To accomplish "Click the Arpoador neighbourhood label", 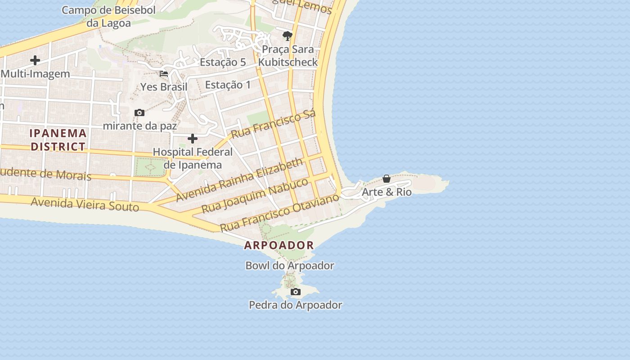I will point(279,245).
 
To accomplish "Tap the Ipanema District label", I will point(58,139).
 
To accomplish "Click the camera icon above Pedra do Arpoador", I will point(295,292).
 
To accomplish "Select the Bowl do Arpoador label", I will point(290,265).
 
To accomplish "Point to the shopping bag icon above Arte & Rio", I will point(386,179).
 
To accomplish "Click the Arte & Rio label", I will point(387,192).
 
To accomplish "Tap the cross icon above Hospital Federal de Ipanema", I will point(193,139).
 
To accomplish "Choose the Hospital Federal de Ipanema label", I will point(193,158).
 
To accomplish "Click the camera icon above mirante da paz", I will point(139,113).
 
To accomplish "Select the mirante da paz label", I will point(140,126).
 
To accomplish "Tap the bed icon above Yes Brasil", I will point(164,74).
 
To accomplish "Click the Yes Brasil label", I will point(164,87).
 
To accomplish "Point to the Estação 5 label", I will point(223,62).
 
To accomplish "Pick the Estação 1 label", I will point(228,85).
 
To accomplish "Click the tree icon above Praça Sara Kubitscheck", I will point(287,36).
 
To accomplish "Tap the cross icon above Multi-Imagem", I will point(35,60).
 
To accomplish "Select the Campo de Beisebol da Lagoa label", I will point(108,17).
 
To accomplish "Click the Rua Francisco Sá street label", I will point(273,123).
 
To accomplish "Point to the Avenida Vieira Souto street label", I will point(85,204).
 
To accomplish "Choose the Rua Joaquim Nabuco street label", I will point(255,195).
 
